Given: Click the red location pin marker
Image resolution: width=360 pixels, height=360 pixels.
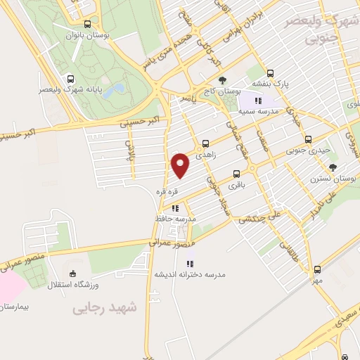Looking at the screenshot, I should click(181, 164).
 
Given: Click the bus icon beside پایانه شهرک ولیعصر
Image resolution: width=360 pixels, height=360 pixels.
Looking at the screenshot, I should click(70, 79).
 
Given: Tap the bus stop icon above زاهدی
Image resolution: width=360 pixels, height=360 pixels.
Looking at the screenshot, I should click(205, 142).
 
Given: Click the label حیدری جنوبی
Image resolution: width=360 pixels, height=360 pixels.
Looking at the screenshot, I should click(304, 150).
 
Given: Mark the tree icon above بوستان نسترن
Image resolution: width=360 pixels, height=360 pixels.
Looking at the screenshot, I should click(333, 167).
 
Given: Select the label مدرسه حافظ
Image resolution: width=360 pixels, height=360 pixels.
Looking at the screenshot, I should click(175, 219).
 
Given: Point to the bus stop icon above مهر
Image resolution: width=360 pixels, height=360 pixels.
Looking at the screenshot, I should click(317, 269).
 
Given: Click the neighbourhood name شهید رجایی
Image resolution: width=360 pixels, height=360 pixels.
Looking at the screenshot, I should click(105, 307).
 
